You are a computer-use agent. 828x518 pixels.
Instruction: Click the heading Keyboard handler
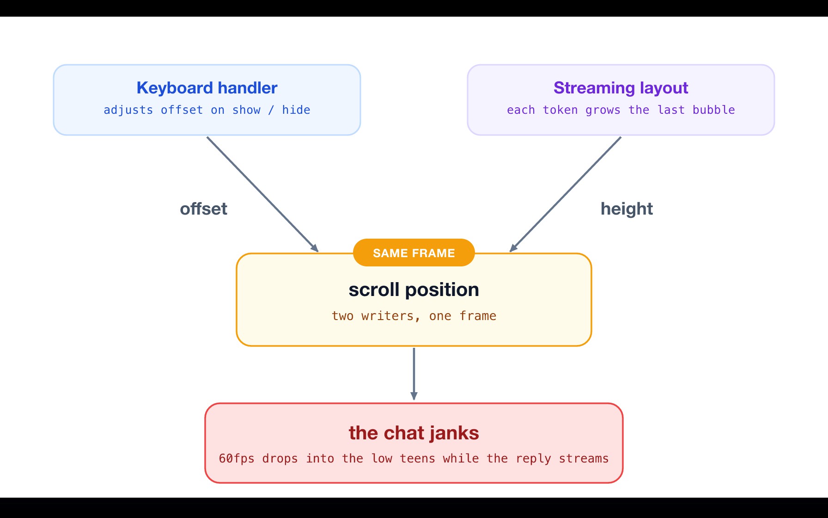tap(207, 88)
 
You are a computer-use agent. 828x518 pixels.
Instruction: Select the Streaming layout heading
tap(621, 88)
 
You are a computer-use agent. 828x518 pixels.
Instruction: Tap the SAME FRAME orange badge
tap(414, 253)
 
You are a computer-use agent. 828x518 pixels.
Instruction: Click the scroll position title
tap(414, 290)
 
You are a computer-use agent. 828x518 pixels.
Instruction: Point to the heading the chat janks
tap(414, 433)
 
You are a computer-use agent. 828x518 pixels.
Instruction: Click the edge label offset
tap(204, 209)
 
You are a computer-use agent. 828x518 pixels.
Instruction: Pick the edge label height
tap(627, 209)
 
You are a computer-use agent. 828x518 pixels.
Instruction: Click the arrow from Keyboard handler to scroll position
tap(262, 194)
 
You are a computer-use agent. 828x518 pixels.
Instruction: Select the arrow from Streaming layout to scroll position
tap(565, 194)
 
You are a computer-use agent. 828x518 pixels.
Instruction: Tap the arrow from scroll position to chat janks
tap(414, 374)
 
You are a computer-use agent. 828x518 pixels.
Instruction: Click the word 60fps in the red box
tap(237, 458)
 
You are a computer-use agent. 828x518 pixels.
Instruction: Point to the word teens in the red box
tap(417, 458)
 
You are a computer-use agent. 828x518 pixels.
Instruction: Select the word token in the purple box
tap(560, 110)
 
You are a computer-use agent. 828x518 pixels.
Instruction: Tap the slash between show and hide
tap(271, 110)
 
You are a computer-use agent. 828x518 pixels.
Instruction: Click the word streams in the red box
tap(584, 458)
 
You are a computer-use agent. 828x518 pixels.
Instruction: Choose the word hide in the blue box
tap(296, 110)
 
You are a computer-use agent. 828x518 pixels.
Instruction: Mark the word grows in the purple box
tap(603, 111)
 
